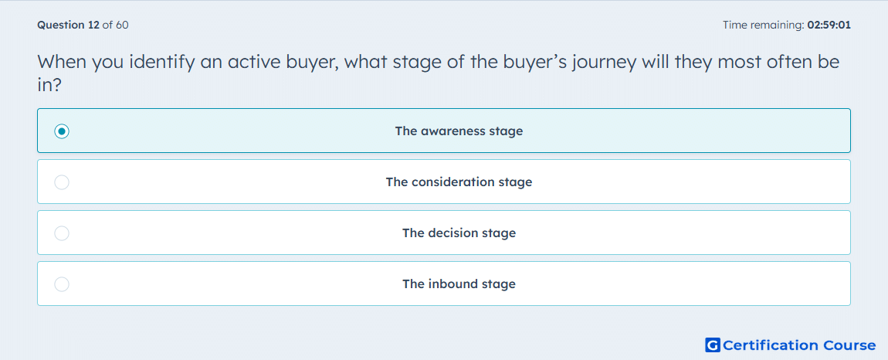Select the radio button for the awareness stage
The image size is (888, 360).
pos(62,131)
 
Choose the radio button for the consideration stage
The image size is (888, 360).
pos(62,182)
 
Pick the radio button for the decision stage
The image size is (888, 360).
pos(62,233)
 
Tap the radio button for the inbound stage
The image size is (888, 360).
pos(62,284)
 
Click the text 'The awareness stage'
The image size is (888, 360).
pos(459,131)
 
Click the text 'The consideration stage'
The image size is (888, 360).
pos(459,182)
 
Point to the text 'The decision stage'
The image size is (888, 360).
pos(459,233)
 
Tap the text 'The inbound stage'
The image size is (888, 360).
pos(459,284)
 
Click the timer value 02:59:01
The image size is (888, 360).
pos(829,25)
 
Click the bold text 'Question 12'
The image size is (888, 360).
pos(68,25)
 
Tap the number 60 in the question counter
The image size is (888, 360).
pos(122,25)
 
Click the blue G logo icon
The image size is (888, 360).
pos(713,345)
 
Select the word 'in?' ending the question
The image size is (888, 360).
pos(49,85)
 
